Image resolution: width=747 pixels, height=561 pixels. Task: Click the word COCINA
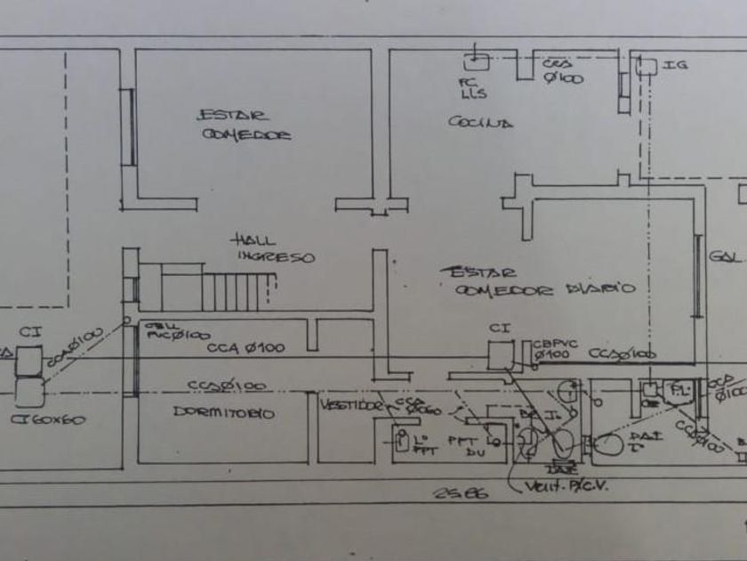pyautogui.click(x=480, y=123)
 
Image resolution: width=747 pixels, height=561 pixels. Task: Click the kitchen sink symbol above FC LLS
pyautogui.click(x=478, y=62)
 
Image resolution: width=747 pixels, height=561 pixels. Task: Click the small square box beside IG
pyautogui.click(x=647, y=66)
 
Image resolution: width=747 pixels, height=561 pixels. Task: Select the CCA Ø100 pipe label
pyautogui.click(x=246, y=348)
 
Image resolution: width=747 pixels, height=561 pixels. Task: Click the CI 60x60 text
pyautogui.click(x=50, y=418)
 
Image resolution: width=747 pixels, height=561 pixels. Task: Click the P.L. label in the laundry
pyautogui.click(x=680, y=392)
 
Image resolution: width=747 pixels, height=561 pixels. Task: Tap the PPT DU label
pyautogui.click(x=462, y=445)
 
